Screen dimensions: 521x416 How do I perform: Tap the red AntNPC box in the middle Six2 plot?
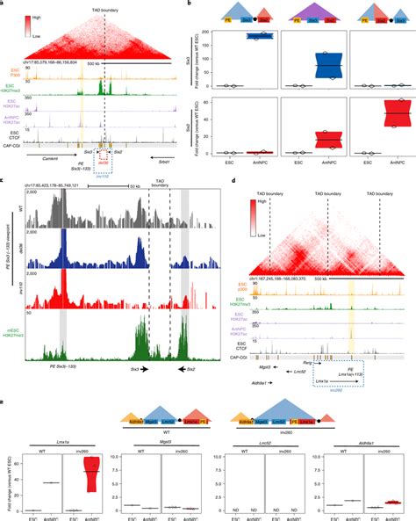[x=330, y=140]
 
